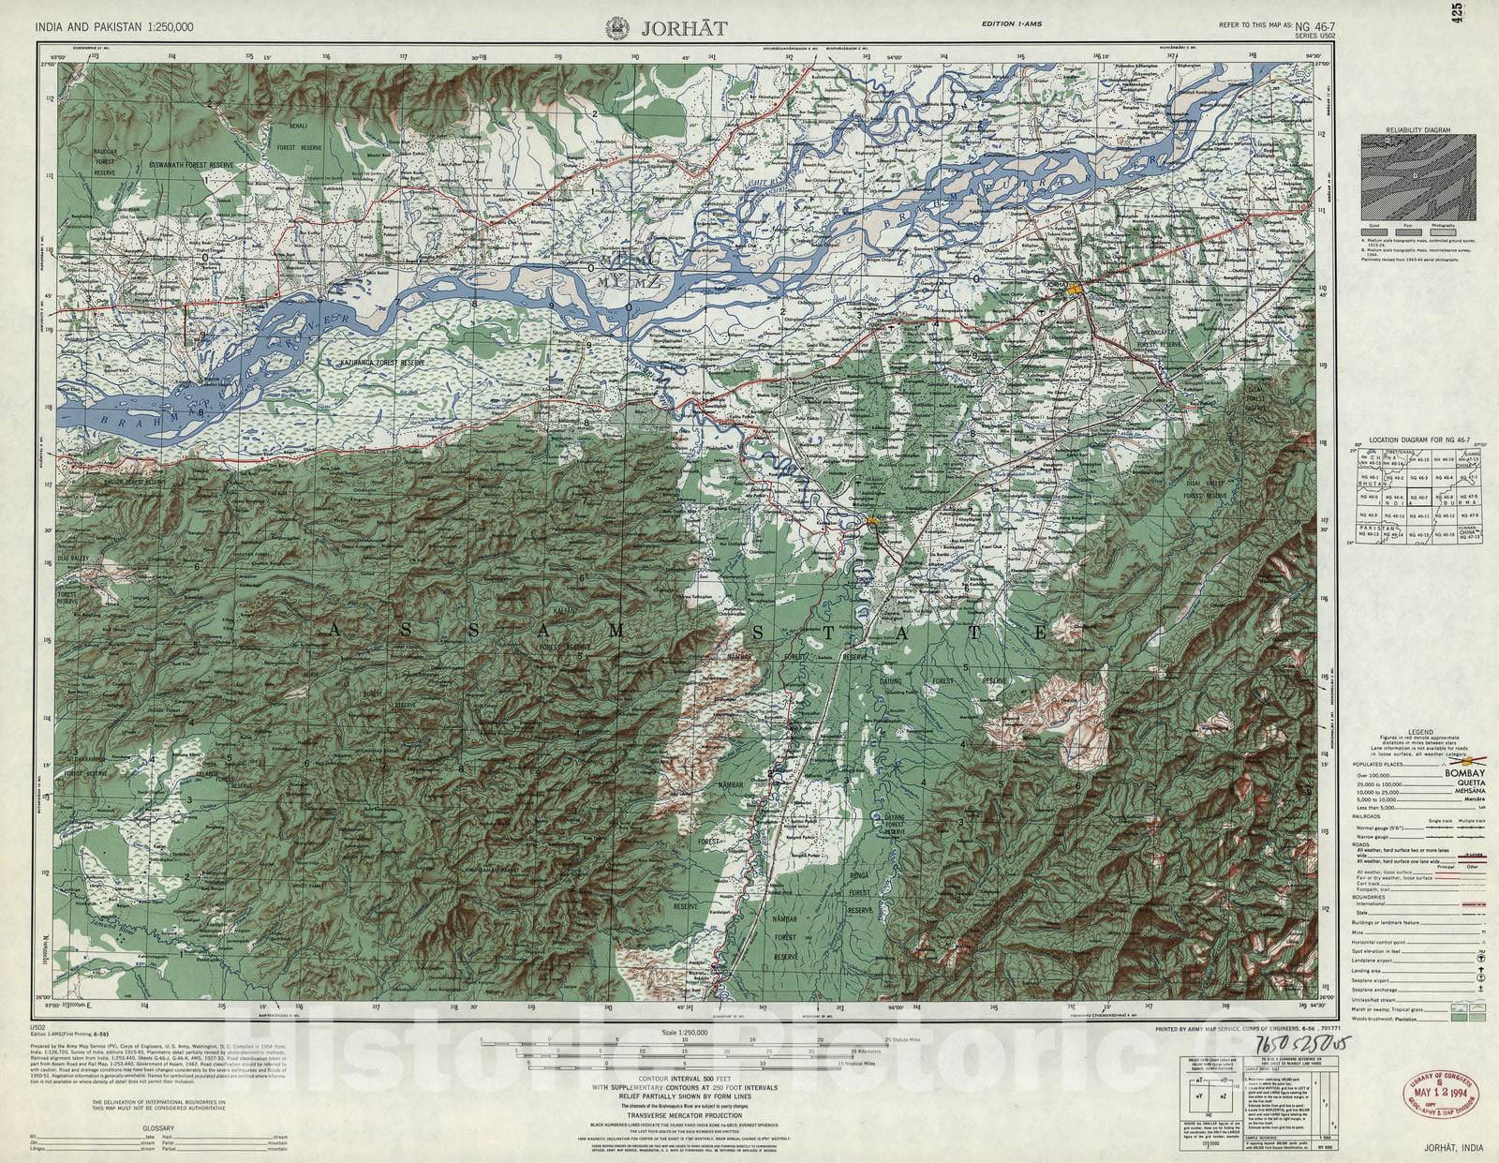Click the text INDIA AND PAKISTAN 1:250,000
(x=115, y=27)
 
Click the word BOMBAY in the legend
(x=1465, y=773)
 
